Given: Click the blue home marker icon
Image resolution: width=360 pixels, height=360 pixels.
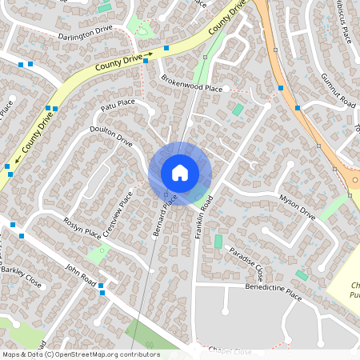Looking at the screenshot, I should [180, 172].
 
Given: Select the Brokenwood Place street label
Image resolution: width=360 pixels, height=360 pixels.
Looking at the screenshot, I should [191, 83].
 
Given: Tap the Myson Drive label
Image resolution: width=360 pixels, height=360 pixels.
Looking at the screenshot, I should [298, 206].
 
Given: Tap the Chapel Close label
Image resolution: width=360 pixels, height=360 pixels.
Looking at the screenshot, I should [230, 351].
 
